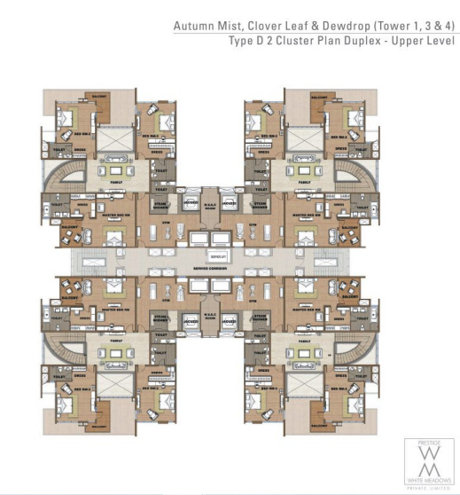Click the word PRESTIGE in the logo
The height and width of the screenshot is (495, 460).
coord(430,443)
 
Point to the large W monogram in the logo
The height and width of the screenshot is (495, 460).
coord(430,458)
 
